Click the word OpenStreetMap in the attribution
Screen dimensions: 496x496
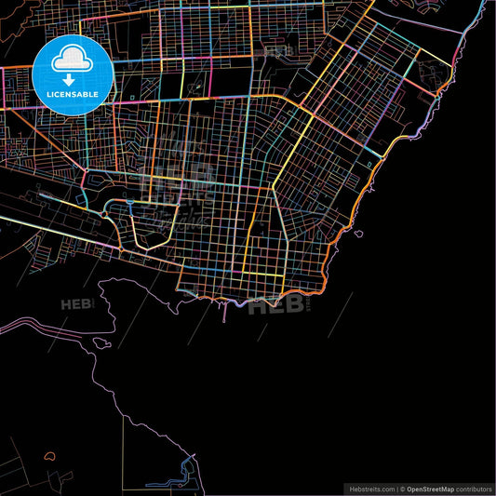pos(430,489)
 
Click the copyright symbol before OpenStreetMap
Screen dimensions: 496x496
pos(401,489)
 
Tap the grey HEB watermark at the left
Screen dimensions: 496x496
pos(77,304)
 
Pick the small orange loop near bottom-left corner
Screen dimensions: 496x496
pos(49,457)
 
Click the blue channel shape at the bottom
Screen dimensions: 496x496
pos(186,466)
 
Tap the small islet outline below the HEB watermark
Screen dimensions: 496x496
pos(100,342)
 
